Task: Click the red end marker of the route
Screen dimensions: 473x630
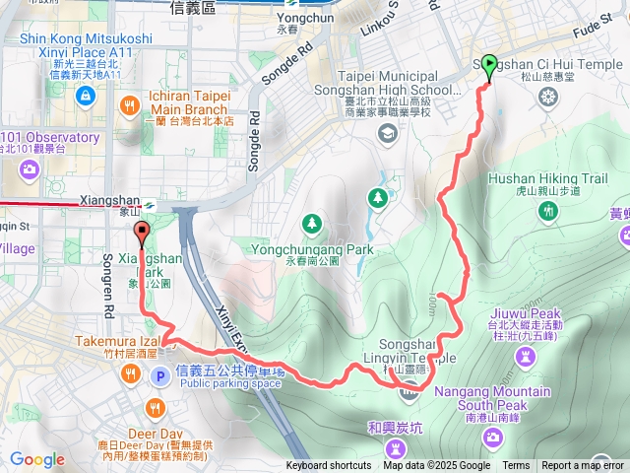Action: [141, 235]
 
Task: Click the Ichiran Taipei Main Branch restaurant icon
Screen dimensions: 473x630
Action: [129, 104]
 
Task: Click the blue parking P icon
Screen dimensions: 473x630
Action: [159, 375]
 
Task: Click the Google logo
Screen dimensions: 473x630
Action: [36, 459]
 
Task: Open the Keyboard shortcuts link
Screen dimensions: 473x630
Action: [329, 466]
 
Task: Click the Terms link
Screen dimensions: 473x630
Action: [516, 466]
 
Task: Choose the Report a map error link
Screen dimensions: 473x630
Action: [583, 466]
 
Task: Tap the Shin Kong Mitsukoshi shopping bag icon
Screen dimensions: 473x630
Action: [84, 96]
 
